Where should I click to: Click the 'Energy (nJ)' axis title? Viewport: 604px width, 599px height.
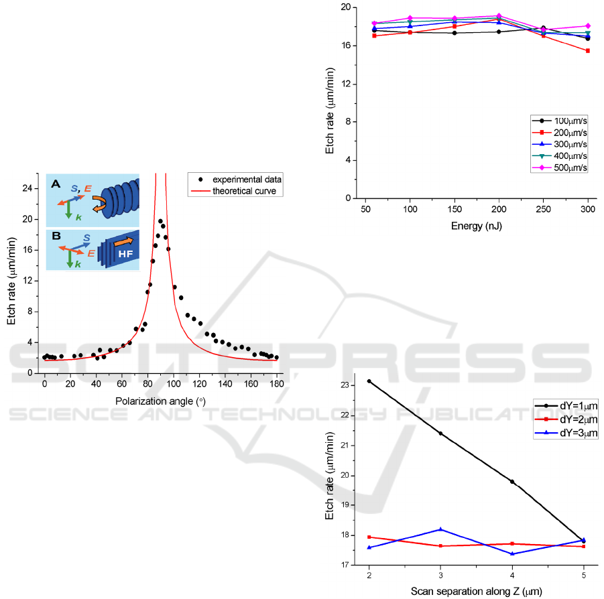click(x=476, y=226)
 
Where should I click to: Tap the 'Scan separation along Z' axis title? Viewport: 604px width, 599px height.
click(x=476, y=590)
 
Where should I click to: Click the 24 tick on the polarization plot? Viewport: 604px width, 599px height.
click(x=29, y=188)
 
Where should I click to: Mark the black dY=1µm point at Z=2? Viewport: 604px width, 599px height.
click(x=369, y=381)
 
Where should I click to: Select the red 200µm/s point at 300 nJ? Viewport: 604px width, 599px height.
click(x=588, y=51)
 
